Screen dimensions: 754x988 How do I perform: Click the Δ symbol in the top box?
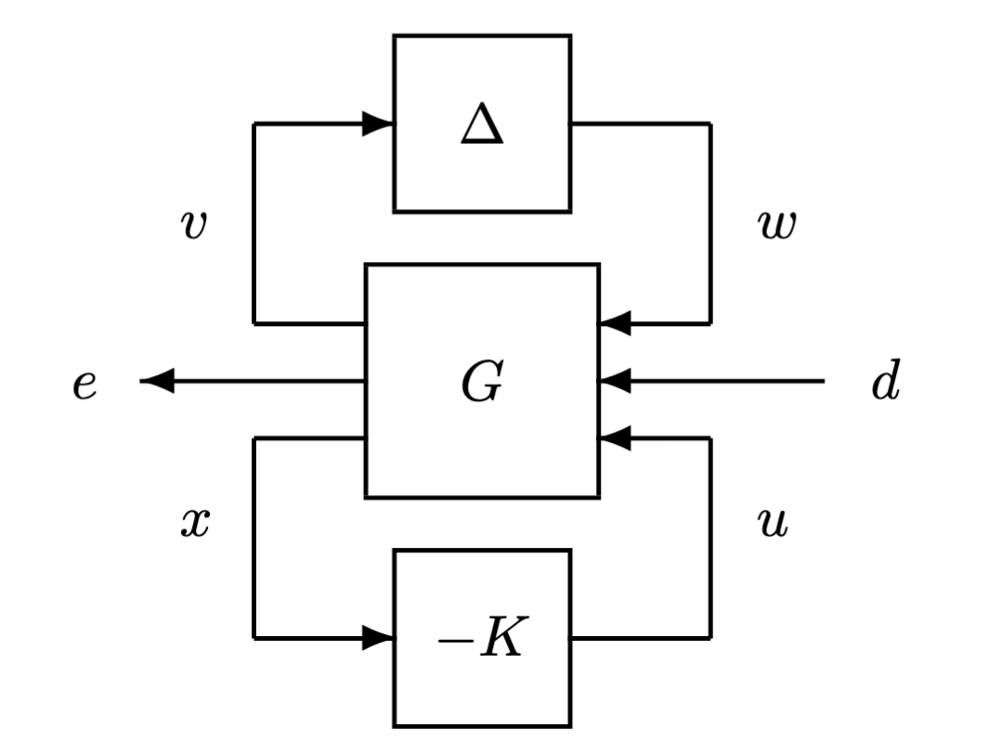coord(482,125)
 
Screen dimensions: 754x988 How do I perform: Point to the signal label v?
coord(193,225)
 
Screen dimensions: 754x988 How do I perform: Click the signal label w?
coord(774,225)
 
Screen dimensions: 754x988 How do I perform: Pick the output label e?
coord(84,383)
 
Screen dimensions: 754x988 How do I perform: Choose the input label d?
coord(885,383)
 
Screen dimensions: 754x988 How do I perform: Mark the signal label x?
coord(194,524)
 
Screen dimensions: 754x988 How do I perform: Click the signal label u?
coord(773,524)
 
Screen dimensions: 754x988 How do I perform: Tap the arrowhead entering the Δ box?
coord(378,123)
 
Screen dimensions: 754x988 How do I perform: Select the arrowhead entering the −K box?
coord(378,638)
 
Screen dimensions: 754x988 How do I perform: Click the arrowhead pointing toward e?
coord(157,381)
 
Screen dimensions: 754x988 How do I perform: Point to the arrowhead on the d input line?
coord(615,381)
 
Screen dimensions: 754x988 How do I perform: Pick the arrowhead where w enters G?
coord(615,323)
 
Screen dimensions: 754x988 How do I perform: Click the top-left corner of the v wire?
coord(254,123)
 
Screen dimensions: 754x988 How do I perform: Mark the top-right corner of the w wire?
coord(710,123)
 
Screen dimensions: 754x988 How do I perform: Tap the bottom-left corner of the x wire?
coord(254,638)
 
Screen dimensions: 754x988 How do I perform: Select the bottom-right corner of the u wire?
coord(710,638)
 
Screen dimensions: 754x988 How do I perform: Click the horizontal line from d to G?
coord(724,381)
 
